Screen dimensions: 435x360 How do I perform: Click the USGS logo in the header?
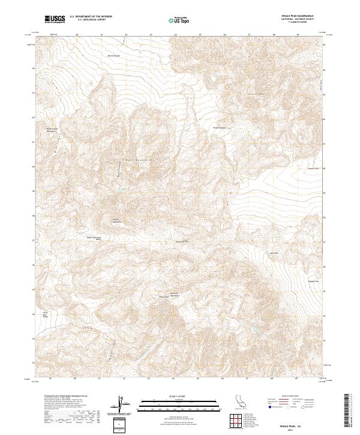pos(55,20)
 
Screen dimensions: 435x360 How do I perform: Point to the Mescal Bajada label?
pos(114,56)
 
